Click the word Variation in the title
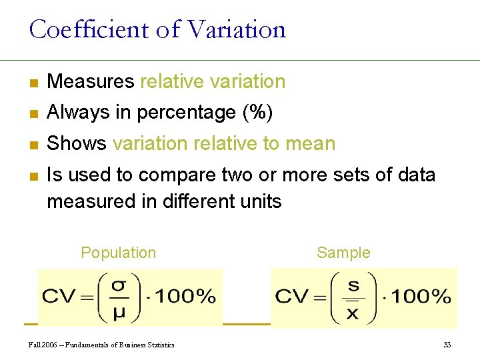(x=237, y=30)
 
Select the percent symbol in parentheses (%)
(x=258, y=113)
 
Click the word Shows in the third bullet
(x=77, y=144)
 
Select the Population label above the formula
(x=118, y=253)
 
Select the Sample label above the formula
(x=343, y=253)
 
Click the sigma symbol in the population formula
(x=119, y=285)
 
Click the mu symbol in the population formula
(x=119, y=311)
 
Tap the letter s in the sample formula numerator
(x=353, y=285)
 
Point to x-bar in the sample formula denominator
(x=353, y=311)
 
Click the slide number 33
(x=447, y=345)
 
